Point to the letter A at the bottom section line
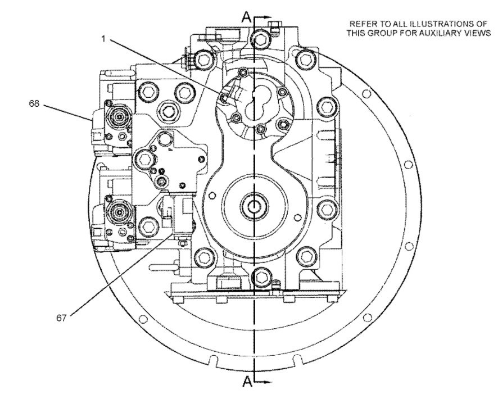(x=246, y=382)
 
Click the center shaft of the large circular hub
(x=256, y=206)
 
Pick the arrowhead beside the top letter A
(x=266, y=18)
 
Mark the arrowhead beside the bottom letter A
(x=266, y=382)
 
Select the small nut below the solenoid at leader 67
(x=183, y=243)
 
